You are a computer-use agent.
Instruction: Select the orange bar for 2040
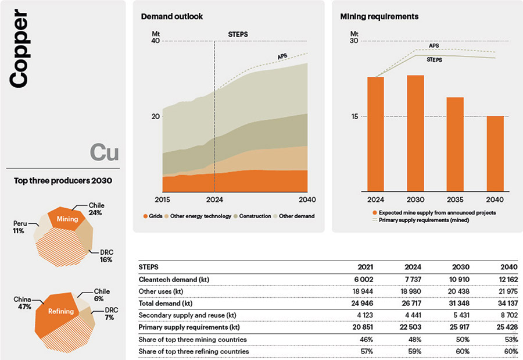pyautogui.click(x=495, y=153)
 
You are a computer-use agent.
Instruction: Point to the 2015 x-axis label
pyautogui.click(x=163, y=199)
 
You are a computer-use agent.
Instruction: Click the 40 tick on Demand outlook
pyautogui.click(x=156, y=41)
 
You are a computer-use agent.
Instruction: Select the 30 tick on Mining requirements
pyautogui.click(x=354, y=41)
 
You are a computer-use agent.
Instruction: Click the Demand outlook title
pyautogui.click(x=172, y=17)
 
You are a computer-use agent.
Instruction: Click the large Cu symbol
pyautogui.click(x=105, y=152)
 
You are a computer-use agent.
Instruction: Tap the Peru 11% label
pyautogui.click(x=19, y=227)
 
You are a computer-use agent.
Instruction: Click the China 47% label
pyautogui.click(x=22, y=303)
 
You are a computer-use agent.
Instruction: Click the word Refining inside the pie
pyautogui.click(x=61, y=311)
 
